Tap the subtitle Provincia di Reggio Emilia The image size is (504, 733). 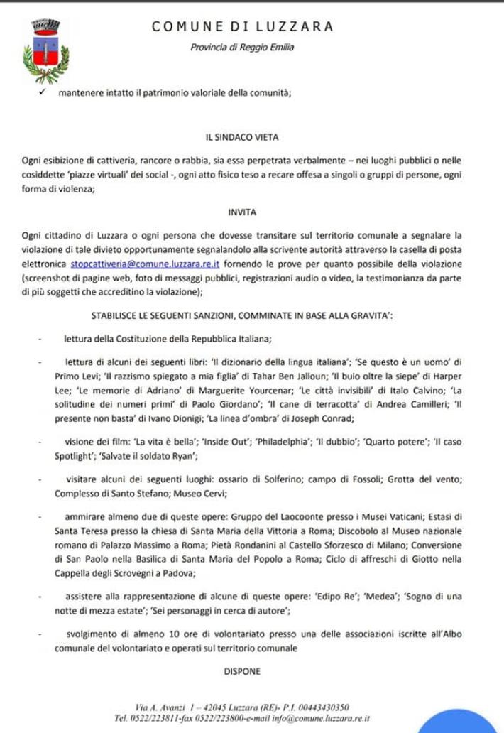(x=242, y=48)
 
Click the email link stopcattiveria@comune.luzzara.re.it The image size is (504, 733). (x=148, y=263)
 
